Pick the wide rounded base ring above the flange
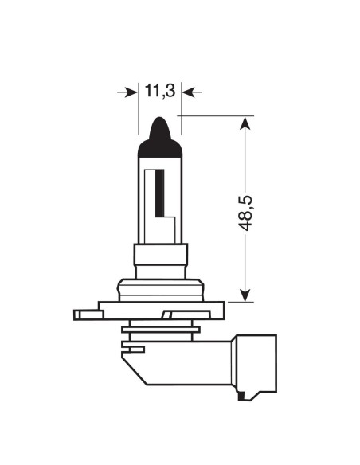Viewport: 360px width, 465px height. [161, 288]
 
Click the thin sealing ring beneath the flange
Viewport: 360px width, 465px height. [160, 329]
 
